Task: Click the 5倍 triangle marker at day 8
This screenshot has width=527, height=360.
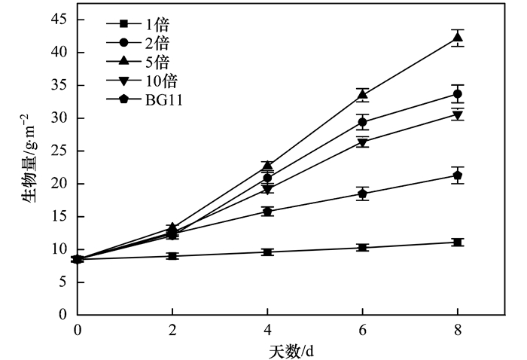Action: pos(457,38)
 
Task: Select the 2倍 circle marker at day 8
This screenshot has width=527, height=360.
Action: pos(457,94)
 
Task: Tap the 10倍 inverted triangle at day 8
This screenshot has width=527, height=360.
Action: pos(457,115)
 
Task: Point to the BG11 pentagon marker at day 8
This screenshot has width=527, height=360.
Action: pos(457,175)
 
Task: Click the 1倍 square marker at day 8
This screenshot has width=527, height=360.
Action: pos(457,242)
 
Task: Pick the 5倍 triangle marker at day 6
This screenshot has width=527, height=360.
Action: pos(362,95)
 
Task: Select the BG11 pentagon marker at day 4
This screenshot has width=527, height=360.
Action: pos(267,211)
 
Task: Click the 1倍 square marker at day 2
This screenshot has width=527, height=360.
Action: pos(172,256)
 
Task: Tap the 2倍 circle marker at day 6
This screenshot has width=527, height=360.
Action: pos(362,122)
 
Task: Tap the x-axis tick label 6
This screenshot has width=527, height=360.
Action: pos(362,330)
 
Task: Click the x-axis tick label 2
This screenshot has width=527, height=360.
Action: pos(172,330)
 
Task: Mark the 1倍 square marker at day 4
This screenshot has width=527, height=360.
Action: pos(267,252)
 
